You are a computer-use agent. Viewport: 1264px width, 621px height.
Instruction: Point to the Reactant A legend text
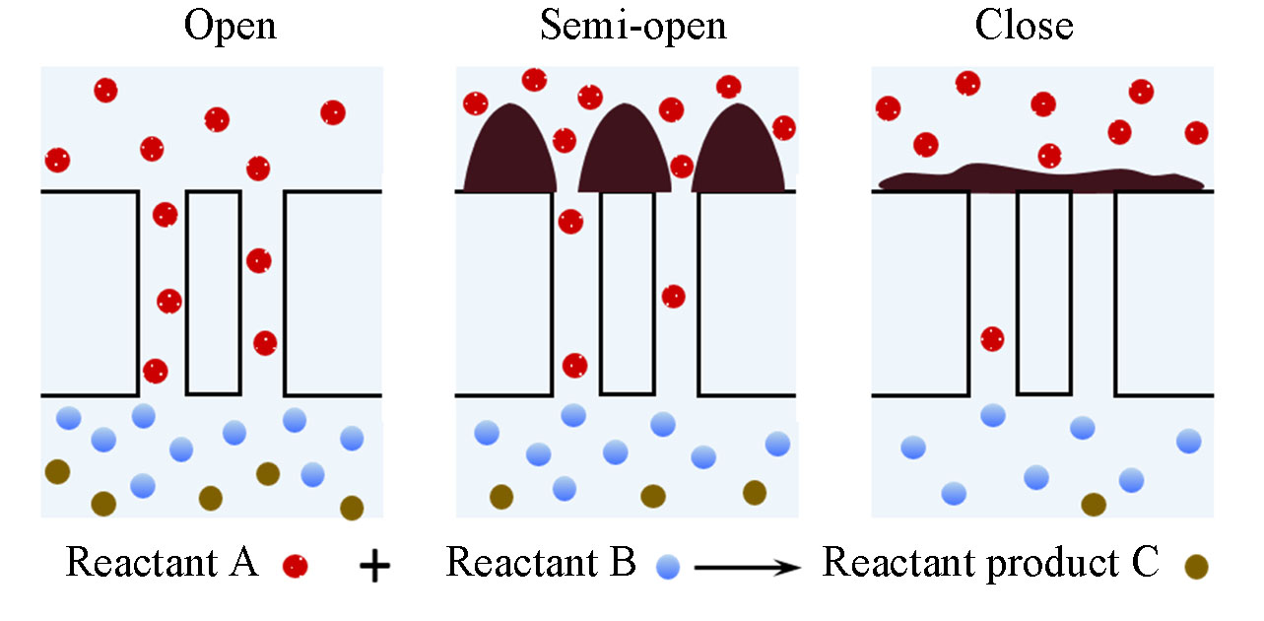(162, 563)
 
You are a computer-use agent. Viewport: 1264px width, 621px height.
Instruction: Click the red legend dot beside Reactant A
(295, 566)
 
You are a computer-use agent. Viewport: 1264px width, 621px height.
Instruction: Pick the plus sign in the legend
(374, 567)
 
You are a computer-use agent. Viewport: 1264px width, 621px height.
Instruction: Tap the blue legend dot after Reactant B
(669, 566)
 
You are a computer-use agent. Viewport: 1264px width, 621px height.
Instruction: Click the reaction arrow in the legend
(747, 567)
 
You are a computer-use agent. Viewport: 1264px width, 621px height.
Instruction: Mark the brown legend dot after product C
(1196, 566)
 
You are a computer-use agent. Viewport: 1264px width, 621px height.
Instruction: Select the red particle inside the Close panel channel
(993, 339)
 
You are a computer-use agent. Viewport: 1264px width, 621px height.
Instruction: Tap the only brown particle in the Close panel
(1094, 505)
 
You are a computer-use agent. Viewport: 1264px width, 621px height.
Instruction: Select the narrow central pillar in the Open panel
(213, 292)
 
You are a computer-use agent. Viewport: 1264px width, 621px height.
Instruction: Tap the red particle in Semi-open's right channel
(674, 296)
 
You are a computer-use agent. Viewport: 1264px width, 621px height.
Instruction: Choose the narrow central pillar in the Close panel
(1044, 292)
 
